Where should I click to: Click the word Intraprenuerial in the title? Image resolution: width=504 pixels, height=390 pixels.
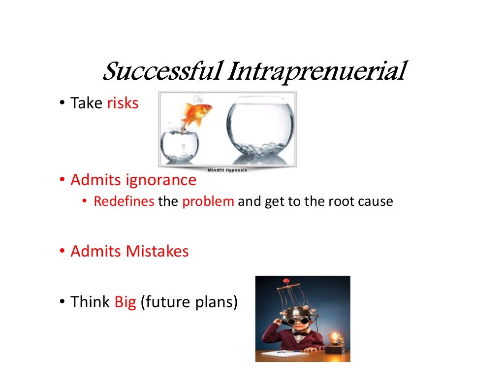pos(316,72)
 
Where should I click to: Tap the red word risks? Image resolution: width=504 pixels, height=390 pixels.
pos(123,103)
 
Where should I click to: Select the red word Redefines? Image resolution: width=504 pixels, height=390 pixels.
pos(124,202)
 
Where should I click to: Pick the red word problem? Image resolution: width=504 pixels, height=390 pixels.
pos(208,202)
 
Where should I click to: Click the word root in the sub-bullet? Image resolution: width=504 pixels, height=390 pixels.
pos(338,202)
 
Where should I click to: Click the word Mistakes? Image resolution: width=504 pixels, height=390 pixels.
pos(157,251)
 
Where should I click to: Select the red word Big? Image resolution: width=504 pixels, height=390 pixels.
pos(125,301)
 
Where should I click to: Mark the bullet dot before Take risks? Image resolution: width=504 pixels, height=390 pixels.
pos(63,104)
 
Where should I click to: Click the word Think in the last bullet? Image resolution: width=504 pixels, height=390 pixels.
pos(90,301)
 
